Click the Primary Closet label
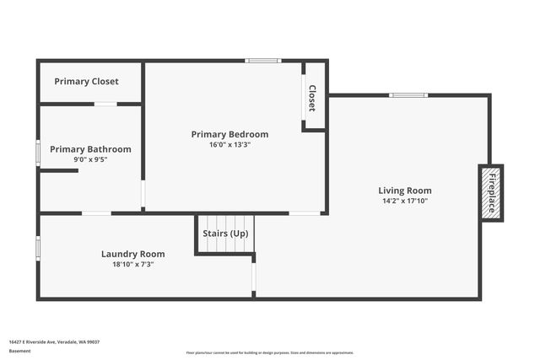(x=86, y=82)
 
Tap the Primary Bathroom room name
(x=90, y=149)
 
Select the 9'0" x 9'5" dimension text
(x=90, y=159)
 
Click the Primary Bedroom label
(x=229, y=134)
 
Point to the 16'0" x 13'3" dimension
(x=229, y=144)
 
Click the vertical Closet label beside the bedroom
(x=311, y=98)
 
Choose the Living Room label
(x=405, y=191)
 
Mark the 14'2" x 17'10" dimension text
(x=405, y=201)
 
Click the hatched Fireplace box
(x=490, y=193)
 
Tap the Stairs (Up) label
(x=225, y=233)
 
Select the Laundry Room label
(x=132, y=254)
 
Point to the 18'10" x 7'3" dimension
(x=132, y=264)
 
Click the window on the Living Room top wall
(x=408, y=95)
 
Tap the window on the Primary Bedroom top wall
(x=263, y=61)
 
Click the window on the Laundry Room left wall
(x=38, y=248)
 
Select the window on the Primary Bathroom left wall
(x=38, y=152)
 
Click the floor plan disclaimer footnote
(x=270, y=352)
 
